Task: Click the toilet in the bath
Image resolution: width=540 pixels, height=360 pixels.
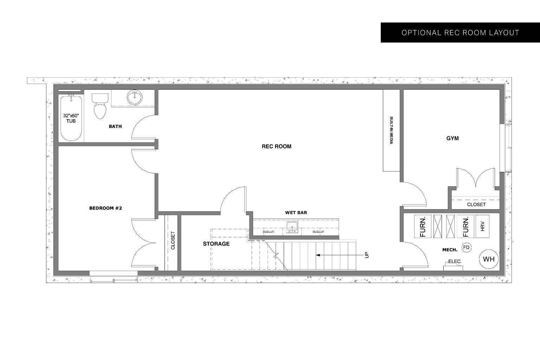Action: (99, 106)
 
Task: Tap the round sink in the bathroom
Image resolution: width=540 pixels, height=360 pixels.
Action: (134, 97)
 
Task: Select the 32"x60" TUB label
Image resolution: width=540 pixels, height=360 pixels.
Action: (71, 118)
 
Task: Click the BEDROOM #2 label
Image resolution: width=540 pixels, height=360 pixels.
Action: (105, 208)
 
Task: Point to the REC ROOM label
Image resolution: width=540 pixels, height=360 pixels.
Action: (276, 146)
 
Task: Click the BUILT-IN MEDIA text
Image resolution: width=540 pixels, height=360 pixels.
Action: (391, 130)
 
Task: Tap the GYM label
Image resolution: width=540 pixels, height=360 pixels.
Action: (452, 138)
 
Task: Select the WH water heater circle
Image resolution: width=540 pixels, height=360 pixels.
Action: (489, 259)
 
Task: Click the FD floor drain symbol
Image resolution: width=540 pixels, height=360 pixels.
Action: (466, 247)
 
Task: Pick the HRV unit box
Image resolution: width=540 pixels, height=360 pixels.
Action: (482, 226)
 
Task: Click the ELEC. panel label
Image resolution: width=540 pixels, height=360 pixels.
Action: (455, 262)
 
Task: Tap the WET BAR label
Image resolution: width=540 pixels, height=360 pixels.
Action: (296, 212)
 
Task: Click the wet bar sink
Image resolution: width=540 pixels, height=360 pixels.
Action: (292, 227)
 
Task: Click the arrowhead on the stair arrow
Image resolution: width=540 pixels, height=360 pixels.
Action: (317, 255)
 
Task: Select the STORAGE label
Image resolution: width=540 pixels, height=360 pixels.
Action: (216, 244)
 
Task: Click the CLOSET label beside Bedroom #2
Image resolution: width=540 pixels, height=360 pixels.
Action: (173, 240)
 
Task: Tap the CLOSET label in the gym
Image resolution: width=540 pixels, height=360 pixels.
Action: (476, 204)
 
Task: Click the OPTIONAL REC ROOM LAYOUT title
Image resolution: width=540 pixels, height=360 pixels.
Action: (460, 33)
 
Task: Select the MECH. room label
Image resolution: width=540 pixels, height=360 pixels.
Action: (450, 250)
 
